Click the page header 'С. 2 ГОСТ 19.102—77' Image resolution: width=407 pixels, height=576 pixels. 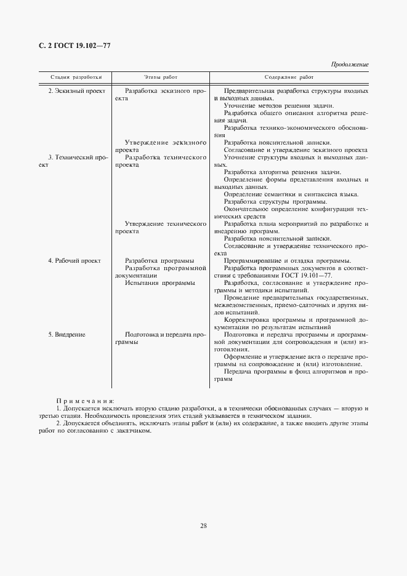70,46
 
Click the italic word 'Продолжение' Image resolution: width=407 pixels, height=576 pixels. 350,64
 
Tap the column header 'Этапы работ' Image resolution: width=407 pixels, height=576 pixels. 161,78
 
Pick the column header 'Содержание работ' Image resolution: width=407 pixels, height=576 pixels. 289,78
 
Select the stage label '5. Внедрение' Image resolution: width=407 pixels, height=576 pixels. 66,334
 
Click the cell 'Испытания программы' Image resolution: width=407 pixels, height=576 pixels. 159,283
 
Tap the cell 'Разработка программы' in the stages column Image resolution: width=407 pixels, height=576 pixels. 159,261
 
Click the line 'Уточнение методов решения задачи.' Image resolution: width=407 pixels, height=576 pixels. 279,106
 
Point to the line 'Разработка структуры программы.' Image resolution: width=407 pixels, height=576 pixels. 275,202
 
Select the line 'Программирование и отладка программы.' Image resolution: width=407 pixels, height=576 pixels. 288,261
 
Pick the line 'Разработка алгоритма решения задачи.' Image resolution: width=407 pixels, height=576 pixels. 283,172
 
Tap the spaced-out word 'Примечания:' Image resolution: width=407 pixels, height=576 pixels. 81,401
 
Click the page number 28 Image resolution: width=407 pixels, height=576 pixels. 203,525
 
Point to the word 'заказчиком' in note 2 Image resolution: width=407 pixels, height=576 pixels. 130,431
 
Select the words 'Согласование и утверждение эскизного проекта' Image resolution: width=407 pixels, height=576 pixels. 296,150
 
